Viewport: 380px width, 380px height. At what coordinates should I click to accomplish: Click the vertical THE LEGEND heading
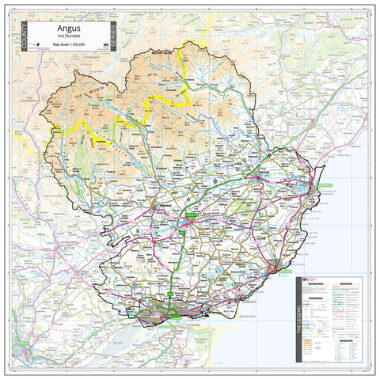300,317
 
